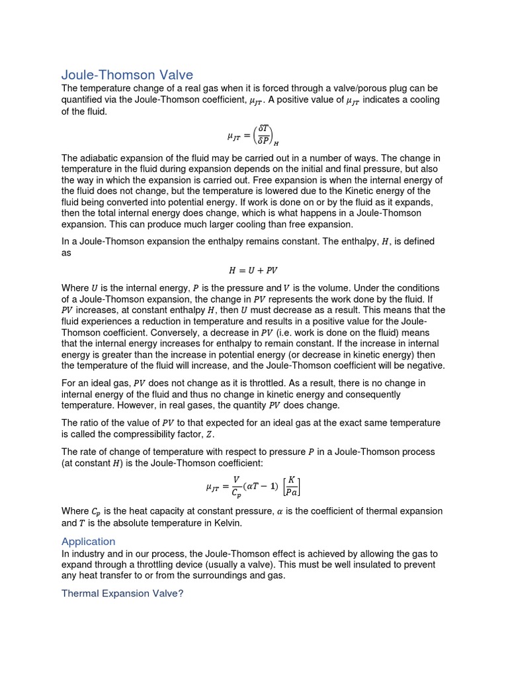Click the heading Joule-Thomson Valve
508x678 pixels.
click(x=127, y=74)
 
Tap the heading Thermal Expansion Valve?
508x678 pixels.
click(x=122, y=593)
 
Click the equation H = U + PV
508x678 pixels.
click(x=253, y=270)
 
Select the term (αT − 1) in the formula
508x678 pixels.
click(x=261, y=487)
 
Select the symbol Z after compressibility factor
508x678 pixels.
click(x=210, y=434)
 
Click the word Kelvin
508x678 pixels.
click(x=226, y=523)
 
